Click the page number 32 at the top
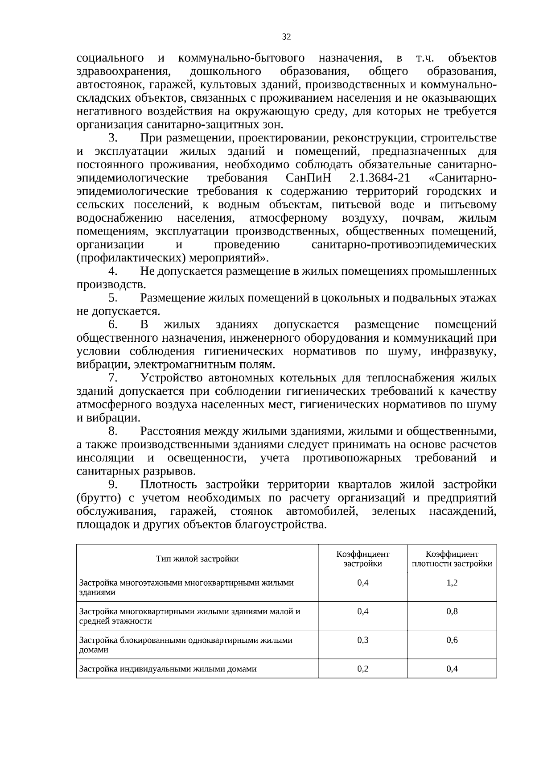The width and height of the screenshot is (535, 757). pos(286,37)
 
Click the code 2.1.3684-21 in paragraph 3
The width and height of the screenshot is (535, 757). pos(379,178)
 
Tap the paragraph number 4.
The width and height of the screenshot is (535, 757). pos(113,272)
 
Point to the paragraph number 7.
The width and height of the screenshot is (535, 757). pos(113,378)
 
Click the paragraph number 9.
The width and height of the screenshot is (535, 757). pos(113,485)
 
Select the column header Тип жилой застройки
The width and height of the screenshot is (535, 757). pos(197,559)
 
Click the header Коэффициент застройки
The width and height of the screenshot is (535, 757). pos(362,559)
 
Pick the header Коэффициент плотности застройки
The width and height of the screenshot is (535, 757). pos(452,559)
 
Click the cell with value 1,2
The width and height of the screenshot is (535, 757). pos(452,583)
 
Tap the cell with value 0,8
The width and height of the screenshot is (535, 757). pos(452,612)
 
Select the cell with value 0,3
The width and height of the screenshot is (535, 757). pos(362,640)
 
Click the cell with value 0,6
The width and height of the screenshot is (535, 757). pos(452,640)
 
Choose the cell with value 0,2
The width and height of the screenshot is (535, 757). pos(362,669)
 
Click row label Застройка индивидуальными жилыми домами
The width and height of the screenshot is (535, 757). pos(168,669)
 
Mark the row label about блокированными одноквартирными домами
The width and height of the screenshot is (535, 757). pos(185,645)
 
